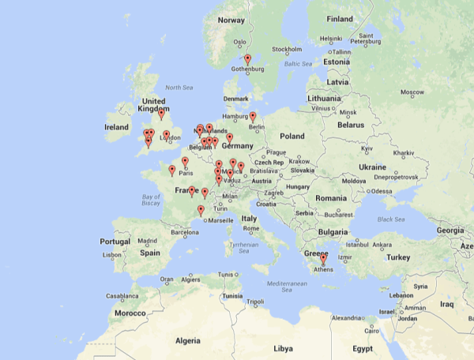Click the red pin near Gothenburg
pyautogui.click(x=247, y=59)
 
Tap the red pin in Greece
pyautogui.click(x=323, y=258)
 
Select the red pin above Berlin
pyautogui.click(x=253, y=117)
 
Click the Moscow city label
pyautogui.click(x=412, y=92)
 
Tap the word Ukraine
pyautogui.click(x=373, y=167)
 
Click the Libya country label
pyautogui.click(x=282, y=347)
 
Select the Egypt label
pyautogui.click(x=362, y=347)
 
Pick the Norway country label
pyautogui.click(x=231, y=21)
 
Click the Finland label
pyautogui.click(x=340, y=19)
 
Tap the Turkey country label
pyautogui.click(x=399, y=257)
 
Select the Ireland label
pyautogui.click(x=116, y=126)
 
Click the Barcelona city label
pyautogui.click(x=186, y=233)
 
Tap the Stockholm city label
pyautogui.click(x=287, y=49)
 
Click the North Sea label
pyautogui.click(x=179, y=88)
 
